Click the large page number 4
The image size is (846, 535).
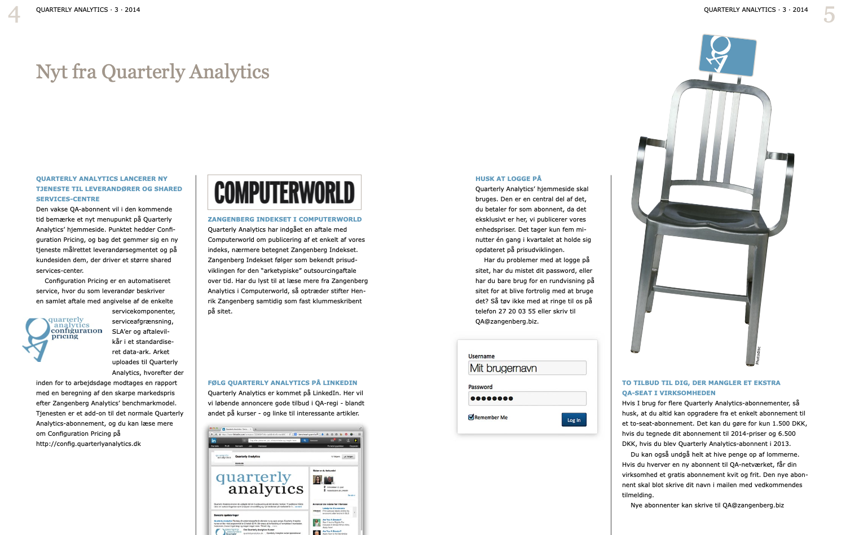click(x=14, y=15)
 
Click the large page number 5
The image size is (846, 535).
click(x=829, y=15)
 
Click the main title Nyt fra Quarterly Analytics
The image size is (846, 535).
click(x=152, y=72)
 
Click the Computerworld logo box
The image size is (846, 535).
click(x=284, y=192)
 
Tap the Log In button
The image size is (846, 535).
click(x=574, y=420)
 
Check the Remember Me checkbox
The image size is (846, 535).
click(x=471, y=417)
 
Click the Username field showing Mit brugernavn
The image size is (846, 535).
click(x=527, y=368)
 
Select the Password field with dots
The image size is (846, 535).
click(x=527, y=399)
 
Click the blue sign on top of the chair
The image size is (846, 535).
click(x=727, y=55)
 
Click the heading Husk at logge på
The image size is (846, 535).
click(x=508, y=179)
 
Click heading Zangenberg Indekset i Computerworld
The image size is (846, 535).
click(x=284, y=219)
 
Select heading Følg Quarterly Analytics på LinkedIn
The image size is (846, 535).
click(x=282, y=383)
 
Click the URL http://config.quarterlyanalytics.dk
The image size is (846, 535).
click(x=89, y=444)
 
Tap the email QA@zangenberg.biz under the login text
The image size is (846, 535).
click(x=506, y=322)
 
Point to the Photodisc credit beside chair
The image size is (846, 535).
click(x=758, y=355)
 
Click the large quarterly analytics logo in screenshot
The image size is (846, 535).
click(x=259, y=484)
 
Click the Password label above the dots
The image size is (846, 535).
click(x=480, y=387)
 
